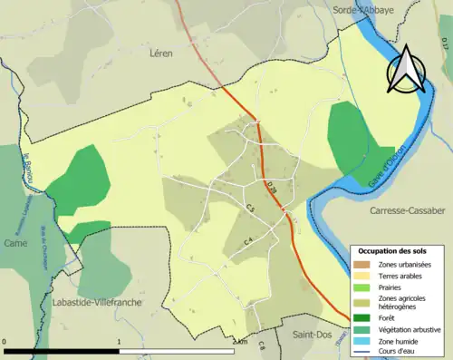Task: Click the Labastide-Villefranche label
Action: [x=96, y=302]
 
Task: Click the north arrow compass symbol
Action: [x=406, y=72]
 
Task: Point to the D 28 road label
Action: [x=271, y=190]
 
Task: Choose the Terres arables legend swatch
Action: [x=361, y=275]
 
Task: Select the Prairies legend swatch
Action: [x=361, y=287]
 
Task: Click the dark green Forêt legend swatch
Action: [x=361, y=316]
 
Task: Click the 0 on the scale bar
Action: [x=5, y=342]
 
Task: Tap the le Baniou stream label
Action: [x=30, y=170]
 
